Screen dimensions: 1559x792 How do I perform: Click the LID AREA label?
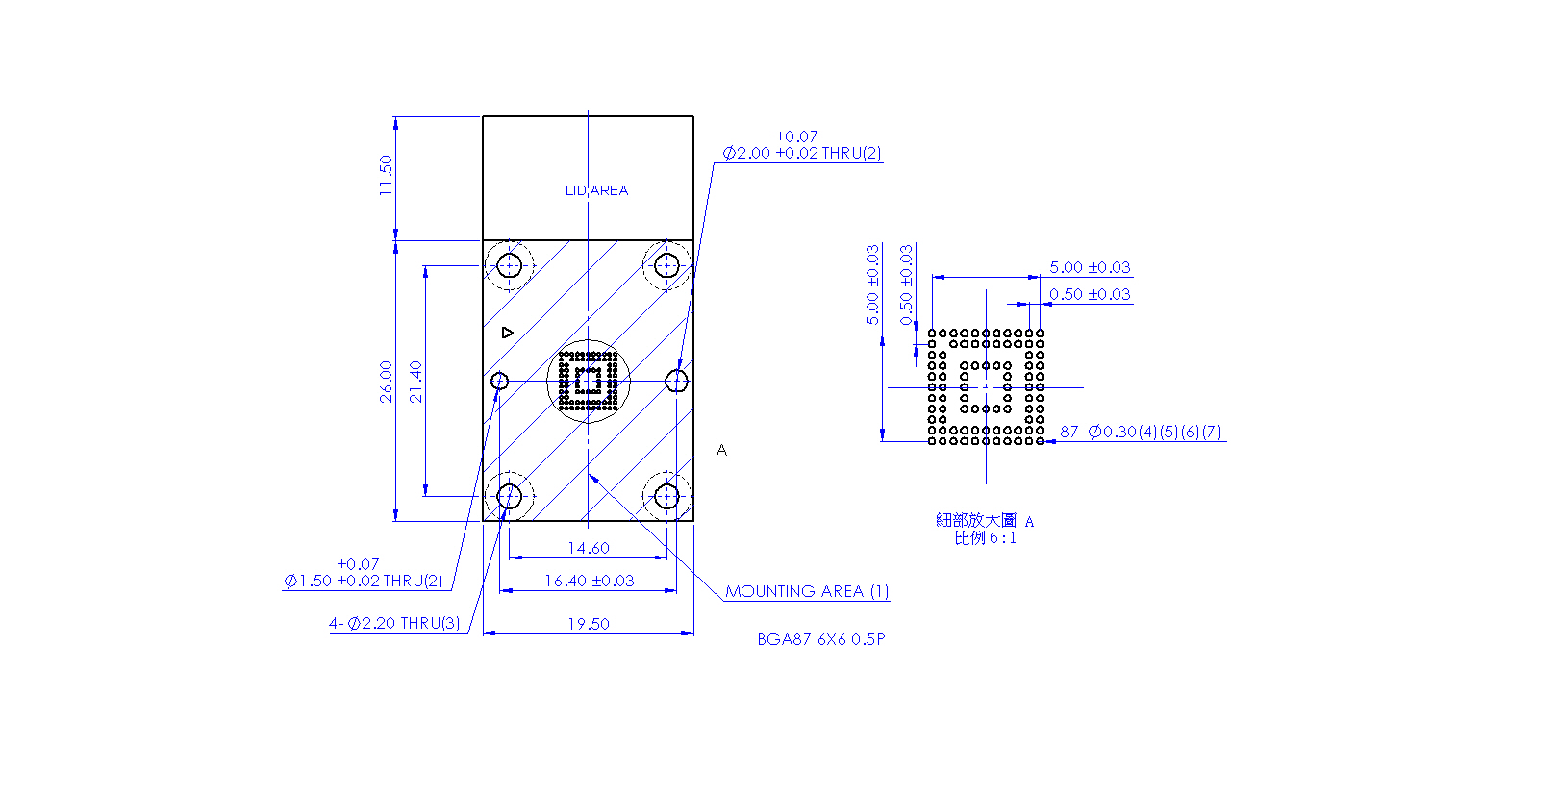(x=596, y=190)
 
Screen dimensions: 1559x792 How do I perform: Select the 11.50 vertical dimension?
(x=386, y=175)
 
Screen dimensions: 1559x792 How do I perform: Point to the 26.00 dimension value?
(x=386, y=382)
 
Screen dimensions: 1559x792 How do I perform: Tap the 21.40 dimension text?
(x=415, y=382)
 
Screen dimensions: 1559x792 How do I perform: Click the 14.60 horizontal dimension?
(x=589, y=548)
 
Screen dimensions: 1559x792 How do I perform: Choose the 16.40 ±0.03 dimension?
(x=589, y=581)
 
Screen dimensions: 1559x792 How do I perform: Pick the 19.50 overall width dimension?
(x=589, y=624)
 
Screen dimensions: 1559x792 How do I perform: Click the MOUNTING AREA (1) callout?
(x=807, y=591)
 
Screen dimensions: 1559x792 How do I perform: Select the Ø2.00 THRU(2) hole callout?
(x=802, y=145)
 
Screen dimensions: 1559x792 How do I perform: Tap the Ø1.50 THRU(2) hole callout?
(x=364, y=573)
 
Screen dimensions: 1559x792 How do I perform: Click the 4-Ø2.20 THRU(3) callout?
(x=394, y=623)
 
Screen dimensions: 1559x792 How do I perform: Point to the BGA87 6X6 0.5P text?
(x=821, y=639)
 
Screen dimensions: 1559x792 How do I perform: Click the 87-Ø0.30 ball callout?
(x=1140, y=432)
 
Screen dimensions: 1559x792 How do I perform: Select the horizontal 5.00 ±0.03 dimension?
(x=1090, y=267)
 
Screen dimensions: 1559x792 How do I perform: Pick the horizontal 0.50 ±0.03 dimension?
(x=1090, y=294)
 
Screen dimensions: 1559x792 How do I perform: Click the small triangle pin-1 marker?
(x=508, y=334)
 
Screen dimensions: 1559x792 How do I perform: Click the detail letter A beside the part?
(x=721, y=450)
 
